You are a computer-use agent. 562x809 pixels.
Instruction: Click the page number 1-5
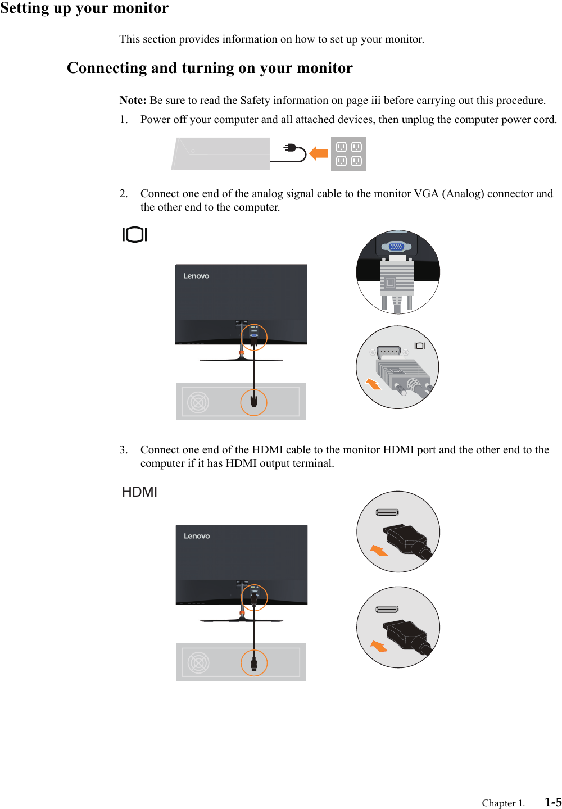click(553, 802)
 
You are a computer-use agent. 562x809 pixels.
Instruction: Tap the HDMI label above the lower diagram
click(139, 492)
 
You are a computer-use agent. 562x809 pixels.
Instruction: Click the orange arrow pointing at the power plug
click(319, 153)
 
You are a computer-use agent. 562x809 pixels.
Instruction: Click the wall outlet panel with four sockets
click(348, 154)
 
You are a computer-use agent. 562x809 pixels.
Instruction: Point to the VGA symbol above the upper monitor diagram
click(135, 235)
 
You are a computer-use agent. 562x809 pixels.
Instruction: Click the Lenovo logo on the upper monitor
click(196, 276)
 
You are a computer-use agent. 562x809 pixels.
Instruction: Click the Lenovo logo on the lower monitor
click(197, 536)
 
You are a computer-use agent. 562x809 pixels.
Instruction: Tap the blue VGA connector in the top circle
click(396, 247)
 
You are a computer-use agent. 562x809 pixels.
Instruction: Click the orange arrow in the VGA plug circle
click(373, 384)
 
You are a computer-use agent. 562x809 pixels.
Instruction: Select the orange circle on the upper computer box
click(254, 402)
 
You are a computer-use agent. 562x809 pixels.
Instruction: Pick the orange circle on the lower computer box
click(254, 663)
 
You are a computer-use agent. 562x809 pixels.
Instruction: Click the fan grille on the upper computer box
click(198, 402)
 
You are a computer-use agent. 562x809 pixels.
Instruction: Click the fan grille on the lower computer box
click(198, 663)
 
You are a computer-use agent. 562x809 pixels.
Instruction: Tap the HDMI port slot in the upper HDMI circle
click(387, 512)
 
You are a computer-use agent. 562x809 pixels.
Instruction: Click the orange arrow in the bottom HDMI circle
click(379, 647)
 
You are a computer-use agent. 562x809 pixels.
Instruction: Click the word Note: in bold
click(133, 101)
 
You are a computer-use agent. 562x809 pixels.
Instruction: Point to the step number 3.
click(123, 450)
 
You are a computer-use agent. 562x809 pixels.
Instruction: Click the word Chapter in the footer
click(498, 803)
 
